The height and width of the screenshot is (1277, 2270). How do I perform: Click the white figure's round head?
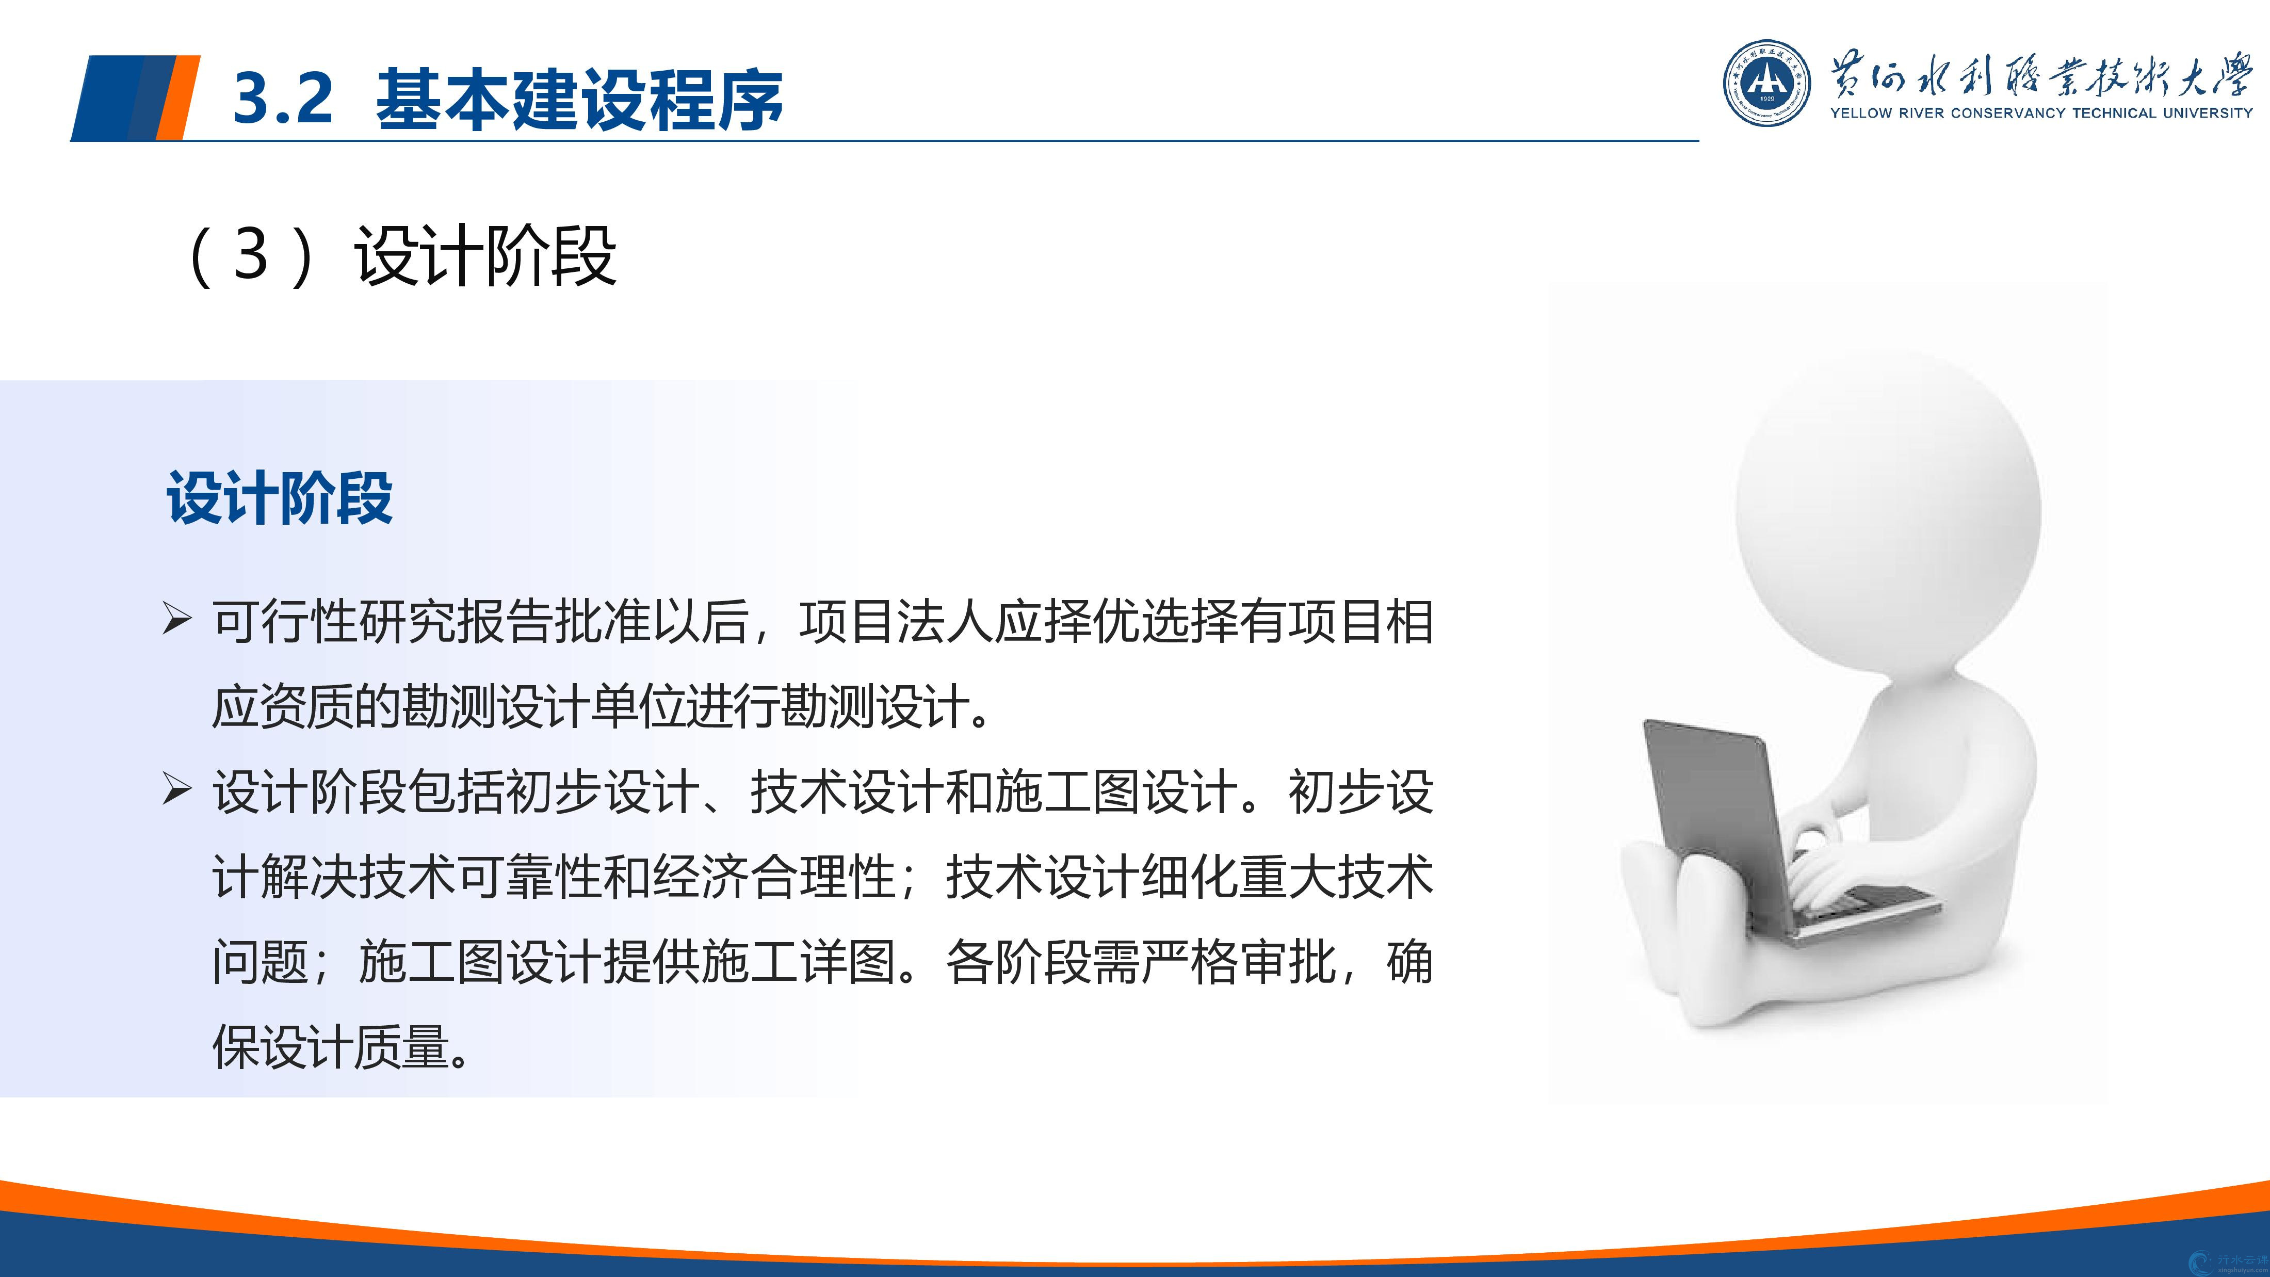click(1888, 511)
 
